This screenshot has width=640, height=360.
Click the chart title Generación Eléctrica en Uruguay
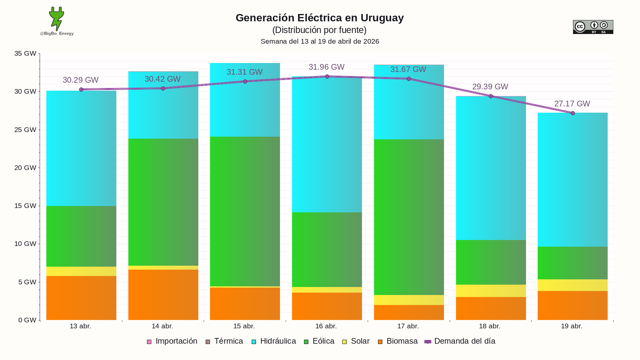pyautogui.click(x=320, y=18)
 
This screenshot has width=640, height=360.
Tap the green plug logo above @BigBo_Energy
pyautogui.click(x=57, y=19)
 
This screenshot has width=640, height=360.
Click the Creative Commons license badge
pyautogui.click(x=593, y=27)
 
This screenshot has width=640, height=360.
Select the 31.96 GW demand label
pyautogui.click(x=326, y=67)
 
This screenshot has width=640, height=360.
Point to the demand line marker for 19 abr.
pyautogui.click(x=573, y=113)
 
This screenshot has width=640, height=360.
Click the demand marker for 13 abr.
pyautogui.click(x=81, y=90)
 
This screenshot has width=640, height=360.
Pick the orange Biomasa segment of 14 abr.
pyautogui.click(x=163, y=295)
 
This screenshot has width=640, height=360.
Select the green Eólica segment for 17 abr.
pyautogui.click(x=409, y=217)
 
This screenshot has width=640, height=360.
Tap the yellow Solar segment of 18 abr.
pyautogui.click(x=491, y=291)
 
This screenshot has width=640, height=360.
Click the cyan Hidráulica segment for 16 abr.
pyautogui.click(x=327, y=144)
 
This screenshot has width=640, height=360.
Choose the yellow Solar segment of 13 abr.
pyautogui.click(x=81, y=271)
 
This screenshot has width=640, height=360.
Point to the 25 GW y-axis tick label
pyautogui.click(x=25, y=130)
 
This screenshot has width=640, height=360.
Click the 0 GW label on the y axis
pyautogui.click(x=27, y=320)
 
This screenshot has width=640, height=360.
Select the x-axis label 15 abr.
pyautogui.click(x=244, y=326)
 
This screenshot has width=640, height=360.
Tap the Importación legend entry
pyautogui.click(x=172, y=341)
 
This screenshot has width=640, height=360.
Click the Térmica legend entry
pyautogui.click(x=224, y=341)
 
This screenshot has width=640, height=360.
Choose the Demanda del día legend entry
pyautogui.click(x=460, y=341)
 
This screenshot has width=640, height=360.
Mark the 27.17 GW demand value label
pyautogui.click(x=572, y=104)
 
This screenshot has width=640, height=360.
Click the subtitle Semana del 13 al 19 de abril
pyautogui.click(x=320, y=41)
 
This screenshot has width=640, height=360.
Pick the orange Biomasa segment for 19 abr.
pyautogui.click(x=573, y=305)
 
